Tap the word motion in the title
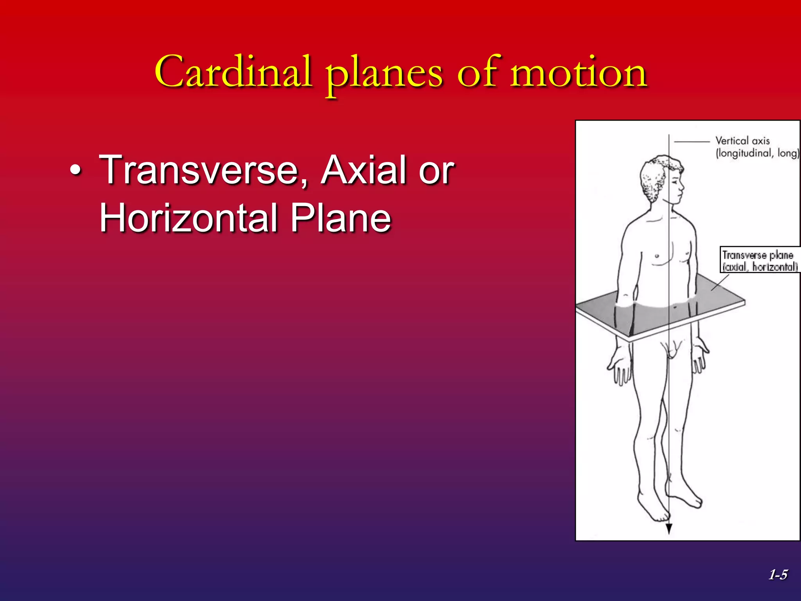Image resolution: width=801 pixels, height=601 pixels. [x=578, y=72]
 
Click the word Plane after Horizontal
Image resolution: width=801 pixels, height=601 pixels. [x=340, y=218]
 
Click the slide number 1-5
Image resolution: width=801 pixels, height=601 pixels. [x=778, y=575]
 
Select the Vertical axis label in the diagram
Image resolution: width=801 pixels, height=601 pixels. [x=742, y=141]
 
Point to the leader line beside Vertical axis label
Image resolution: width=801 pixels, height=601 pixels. [x=692, y=142]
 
